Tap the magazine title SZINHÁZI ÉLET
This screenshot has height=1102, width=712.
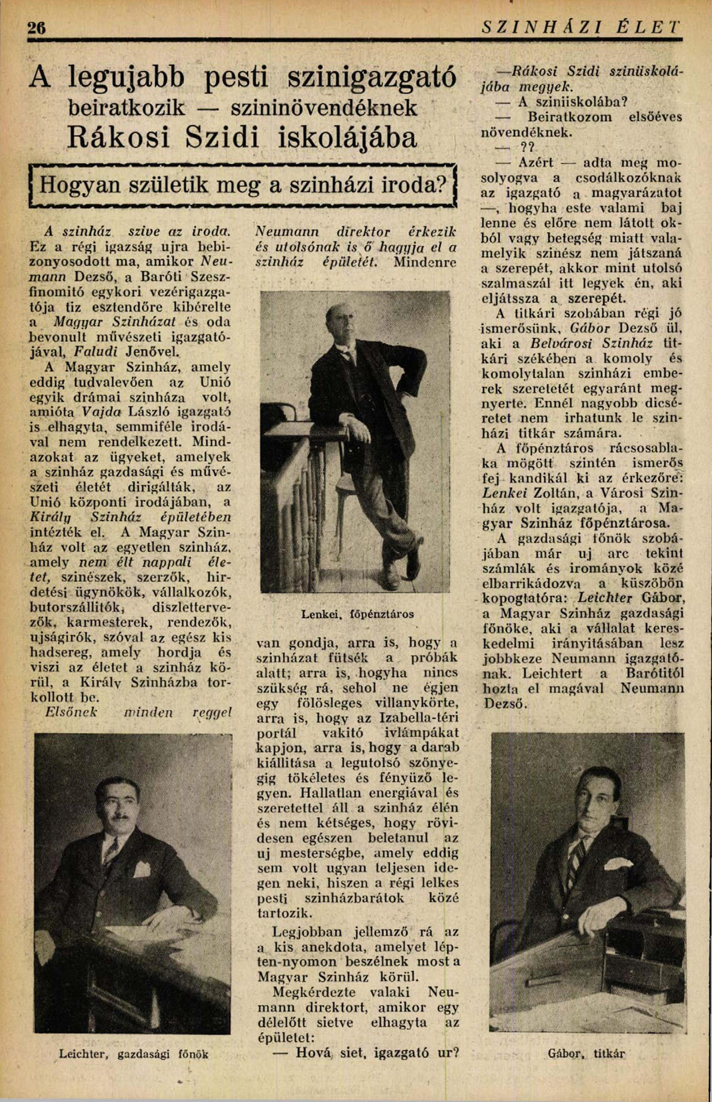click(x=581, y=27)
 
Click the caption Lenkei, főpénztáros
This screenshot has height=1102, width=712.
click(x=357, y=615)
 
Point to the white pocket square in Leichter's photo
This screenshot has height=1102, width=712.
click(x=142, y=869)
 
